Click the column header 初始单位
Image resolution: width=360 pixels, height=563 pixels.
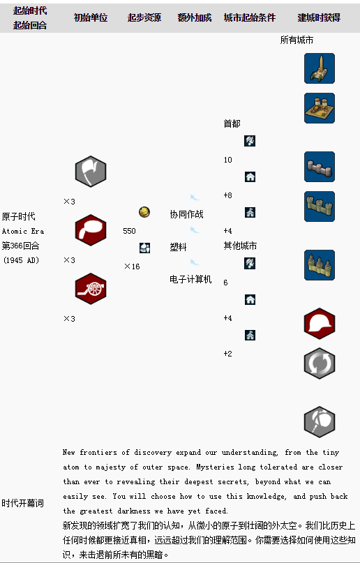click(91, 17)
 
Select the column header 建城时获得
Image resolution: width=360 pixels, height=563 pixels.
click(319, 17)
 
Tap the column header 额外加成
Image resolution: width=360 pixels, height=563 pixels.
click(194, 17)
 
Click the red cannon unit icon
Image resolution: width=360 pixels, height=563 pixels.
click(91, 289)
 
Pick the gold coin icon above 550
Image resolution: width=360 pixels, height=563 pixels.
click(144, 212)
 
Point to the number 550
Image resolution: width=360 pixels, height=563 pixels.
click(129, 231)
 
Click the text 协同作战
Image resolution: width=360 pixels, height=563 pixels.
click(187, 214)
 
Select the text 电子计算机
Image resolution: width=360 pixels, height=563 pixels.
click(190, 279)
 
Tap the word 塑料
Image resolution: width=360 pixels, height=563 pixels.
click(178, 247)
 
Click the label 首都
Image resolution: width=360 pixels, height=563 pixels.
click(232, 124)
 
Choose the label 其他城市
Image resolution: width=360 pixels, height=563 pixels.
click(240, 246)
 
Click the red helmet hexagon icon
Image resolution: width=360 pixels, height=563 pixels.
click(320, 324)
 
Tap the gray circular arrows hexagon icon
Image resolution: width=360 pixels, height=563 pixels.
click(320, 363)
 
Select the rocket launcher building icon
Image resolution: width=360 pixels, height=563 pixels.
click(320, 68)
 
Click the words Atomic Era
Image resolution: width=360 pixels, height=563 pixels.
click(23, 231)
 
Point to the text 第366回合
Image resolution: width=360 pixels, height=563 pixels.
click(20, 246)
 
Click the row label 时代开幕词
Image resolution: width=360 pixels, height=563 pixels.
click(22, 503)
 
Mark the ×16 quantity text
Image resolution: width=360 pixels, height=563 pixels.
click(132, 267)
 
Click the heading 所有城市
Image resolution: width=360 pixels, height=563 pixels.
click(297, 40)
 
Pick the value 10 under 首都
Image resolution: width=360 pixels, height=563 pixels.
click(228, 160)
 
